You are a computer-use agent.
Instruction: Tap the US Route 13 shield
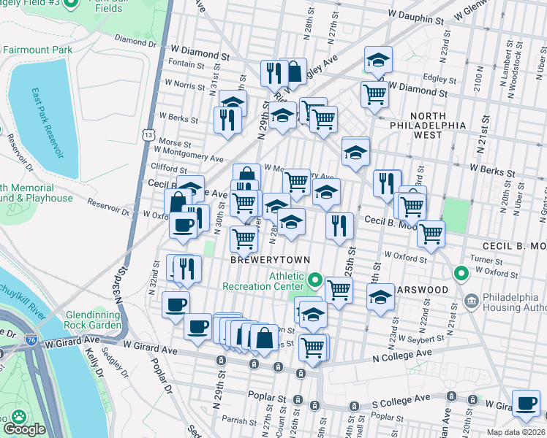pyautogui.click(x=148, y=135)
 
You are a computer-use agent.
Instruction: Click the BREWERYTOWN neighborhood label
pyautogui.click(x=270, y=260)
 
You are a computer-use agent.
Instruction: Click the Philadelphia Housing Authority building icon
pyautogui.click(x=472, y=299)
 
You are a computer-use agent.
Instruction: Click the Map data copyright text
pyautogui.click(x=516, y=432)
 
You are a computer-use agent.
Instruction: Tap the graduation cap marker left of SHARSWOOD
pyautogui.click(x=380, y=297)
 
